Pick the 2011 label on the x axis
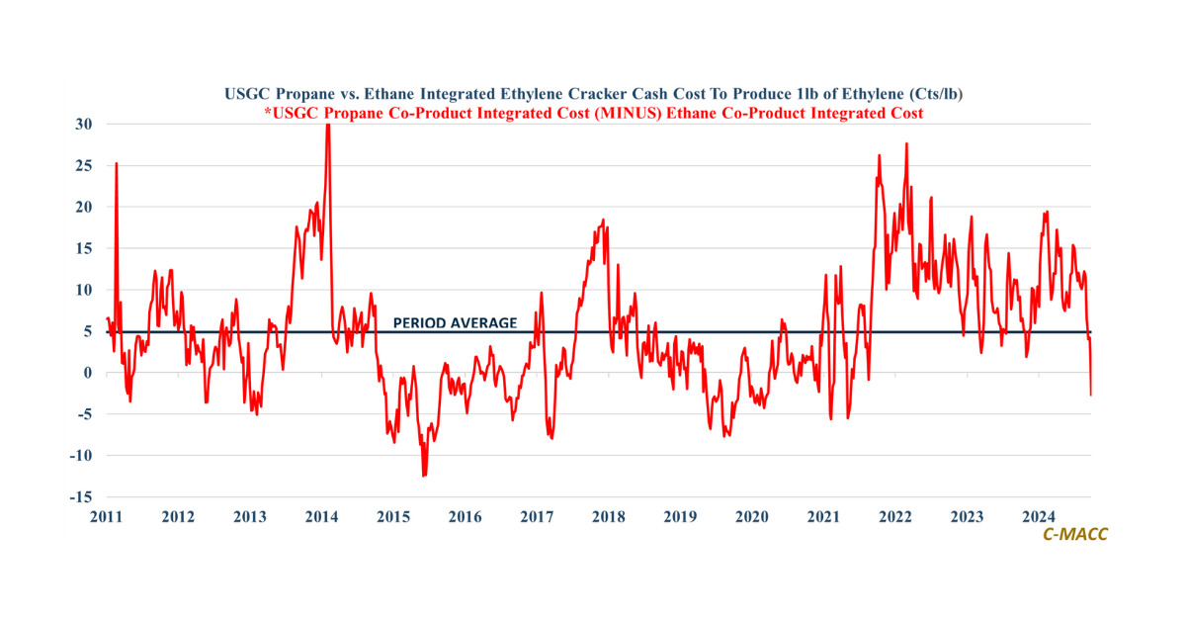pos(107,516)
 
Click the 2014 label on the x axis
pos(322,516)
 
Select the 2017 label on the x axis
pos(537,516)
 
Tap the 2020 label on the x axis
pos(752,516)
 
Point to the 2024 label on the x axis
pos(1039,516)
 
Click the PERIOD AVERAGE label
pos(455,322)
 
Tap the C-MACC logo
pos(1075,534)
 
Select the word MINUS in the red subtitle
pos(667,114)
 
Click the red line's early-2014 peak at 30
pos(328,126)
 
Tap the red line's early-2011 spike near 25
pos(116,164)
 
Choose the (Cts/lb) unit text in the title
pos(929,95)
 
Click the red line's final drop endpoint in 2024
pos(1091,395)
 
